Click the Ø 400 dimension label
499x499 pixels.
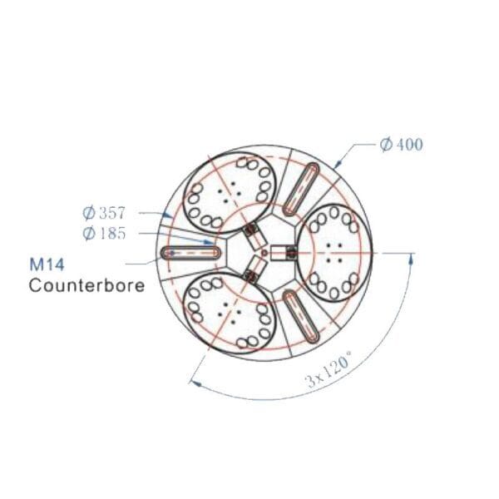(401, 145)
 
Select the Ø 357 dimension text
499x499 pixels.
(105, 213)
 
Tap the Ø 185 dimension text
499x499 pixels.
(105, 233)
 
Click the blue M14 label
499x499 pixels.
(47, 267)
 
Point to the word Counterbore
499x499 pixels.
(86, 285)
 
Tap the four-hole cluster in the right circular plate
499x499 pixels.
(333, 250)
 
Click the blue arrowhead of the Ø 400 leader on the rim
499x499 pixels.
(335, 165)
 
